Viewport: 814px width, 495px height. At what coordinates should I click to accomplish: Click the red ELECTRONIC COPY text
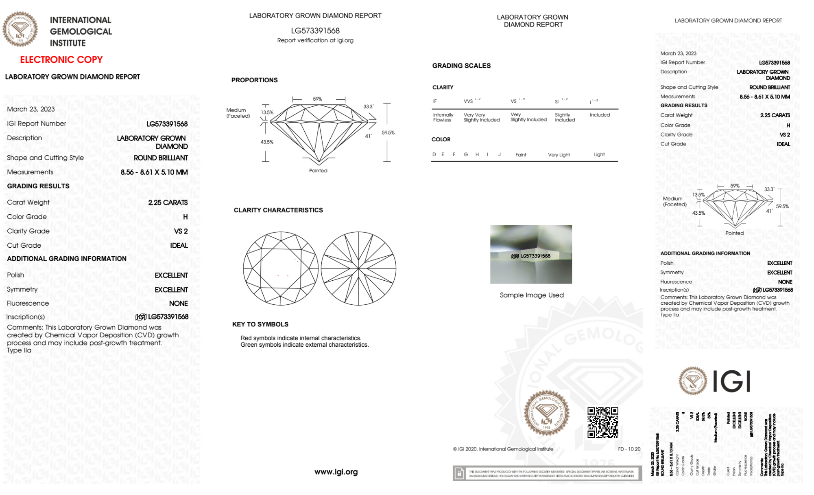[x=61, y=60]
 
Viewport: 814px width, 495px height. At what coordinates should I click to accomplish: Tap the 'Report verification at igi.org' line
[x=315, y=40]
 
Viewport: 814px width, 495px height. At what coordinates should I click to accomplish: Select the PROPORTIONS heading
[x=254, y=80]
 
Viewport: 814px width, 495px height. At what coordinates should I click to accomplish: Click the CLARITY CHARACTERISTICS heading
[x=278, y=210]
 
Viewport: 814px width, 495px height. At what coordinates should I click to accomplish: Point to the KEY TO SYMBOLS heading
[x=260, y=324]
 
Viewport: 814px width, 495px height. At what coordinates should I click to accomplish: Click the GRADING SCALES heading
[x=461, y=66]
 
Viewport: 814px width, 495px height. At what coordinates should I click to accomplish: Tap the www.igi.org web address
[x=336, y=472]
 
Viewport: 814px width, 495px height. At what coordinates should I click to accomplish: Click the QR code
[x=602, y=422]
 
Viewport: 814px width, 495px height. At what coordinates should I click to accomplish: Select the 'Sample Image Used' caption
[x=531, y=295]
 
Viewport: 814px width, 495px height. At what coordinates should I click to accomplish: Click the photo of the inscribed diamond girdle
[x=530, y=254]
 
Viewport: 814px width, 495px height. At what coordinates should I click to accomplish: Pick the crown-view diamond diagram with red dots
[x=280, y=268]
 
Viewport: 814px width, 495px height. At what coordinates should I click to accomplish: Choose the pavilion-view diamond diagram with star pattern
[x=358, y=268]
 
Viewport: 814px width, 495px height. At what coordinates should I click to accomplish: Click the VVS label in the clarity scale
[x=469, y=101]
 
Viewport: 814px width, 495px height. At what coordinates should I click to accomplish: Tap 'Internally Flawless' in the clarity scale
[x=443, y=117]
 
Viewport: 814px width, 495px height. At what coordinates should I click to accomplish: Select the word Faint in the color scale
[x=520, y=155]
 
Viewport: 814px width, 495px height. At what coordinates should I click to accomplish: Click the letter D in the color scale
[x=434, y=154]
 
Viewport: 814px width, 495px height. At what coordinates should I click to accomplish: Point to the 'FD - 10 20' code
[x=629, y=449]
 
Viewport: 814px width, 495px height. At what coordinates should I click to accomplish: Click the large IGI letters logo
[x=731, y=382]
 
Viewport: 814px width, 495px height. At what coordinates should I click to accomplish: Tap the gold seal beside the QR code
[x=546, y=413]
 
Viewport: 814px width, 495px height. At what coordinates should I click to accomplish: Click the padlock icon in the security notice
[x=459, y=473]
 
